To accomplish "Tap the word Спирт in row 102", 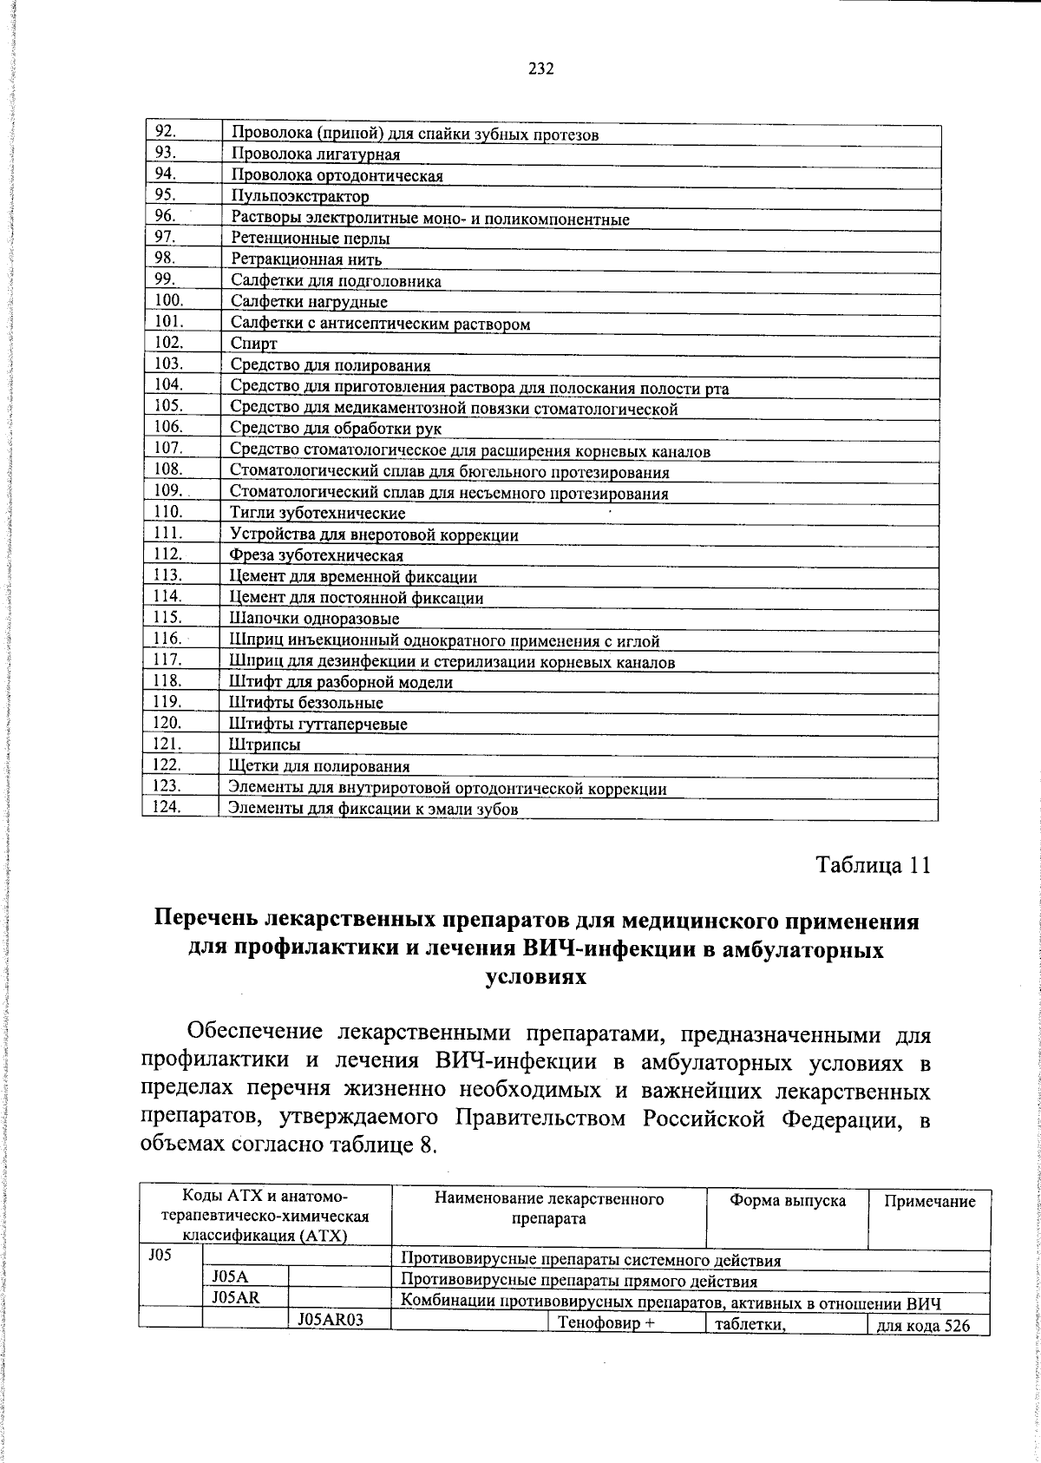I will point(254,344).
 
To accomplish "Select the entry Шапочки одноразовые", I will point(314,619).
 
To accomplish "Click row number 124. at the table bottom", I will point(166,807).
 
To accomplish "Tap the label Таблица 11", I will point(873,865).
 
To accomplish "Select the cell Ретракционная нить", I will point(306,259).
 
